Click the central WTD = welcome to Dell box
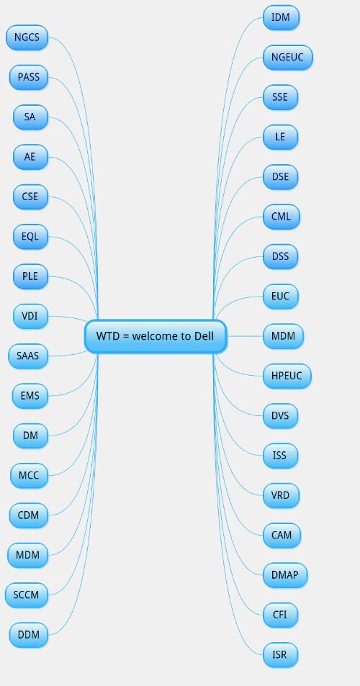(x=156, y=336)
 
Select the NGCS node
(x=27, y=37)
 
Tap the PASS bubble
(x=28, y=77)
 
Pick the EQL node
(x=30, y=237)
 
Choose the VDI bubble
(x=30, y=316)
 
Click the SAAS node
(x=28, y=356)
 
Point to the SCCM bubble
(x=26, y=595)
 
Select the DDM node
(x=28, y=635)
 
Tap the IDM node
(x=282, y=17)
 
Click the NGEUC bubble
(x=288, y=58)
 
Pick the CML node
(x=282, y=217)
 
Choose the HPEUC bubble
(x=287, y=376)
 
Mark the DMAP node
(x=285, y=575)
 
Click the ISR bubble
(x=280, y=655)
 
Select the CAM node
(x=282, y=535)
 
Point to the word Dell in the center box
(x=204, y=336)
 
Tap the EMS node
(x=30, y=396)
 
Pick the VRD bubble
(x=281, y=495)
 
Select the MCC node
(x=29, y=476)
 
